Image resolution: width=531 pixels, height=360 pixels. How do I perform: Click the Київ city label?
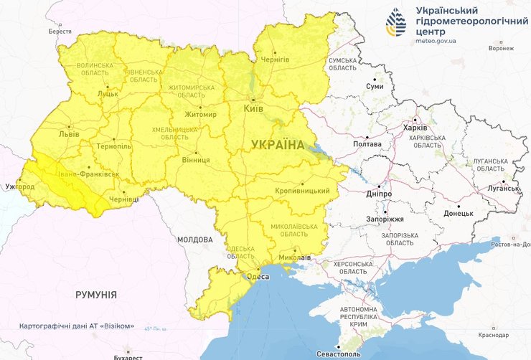coord(253,108)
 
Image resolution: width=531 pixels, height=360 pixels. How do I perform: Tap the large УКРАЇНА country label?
coord(278,145)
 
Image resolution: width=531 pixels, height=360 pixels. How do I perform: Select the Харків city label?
coord(415,128)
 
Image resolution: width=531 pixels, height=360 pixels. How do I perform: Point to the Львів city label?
coord(70,134)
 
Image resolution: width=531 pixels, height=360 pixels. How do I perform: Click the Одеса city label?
coord(258,276)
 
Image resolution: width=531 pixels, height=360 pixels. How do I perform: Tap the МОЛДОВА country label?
coord(194,240)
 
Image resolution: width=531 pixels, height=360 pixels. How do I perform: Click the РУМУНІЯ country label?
coord(96,295)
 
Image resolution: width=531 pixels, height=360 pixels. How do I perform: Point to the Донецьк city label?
coord(458,213)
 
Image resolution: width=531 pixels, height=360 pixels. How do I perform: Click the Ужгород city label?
coord(19,186)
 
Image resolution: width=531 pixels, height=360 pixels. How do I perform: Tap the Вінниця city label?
coord(196,160)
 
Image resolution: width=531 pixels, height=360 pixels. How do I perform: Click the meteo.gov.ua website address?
coord(439,42)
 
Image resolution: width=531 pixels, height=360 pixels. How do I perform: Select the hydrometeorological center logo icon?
coord(395,23)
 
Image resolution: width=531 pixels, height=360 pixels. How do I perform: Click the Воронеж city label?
coord(500,48)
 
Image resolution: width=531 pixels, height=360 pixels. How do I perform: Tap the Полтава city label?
coord(367,144)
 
